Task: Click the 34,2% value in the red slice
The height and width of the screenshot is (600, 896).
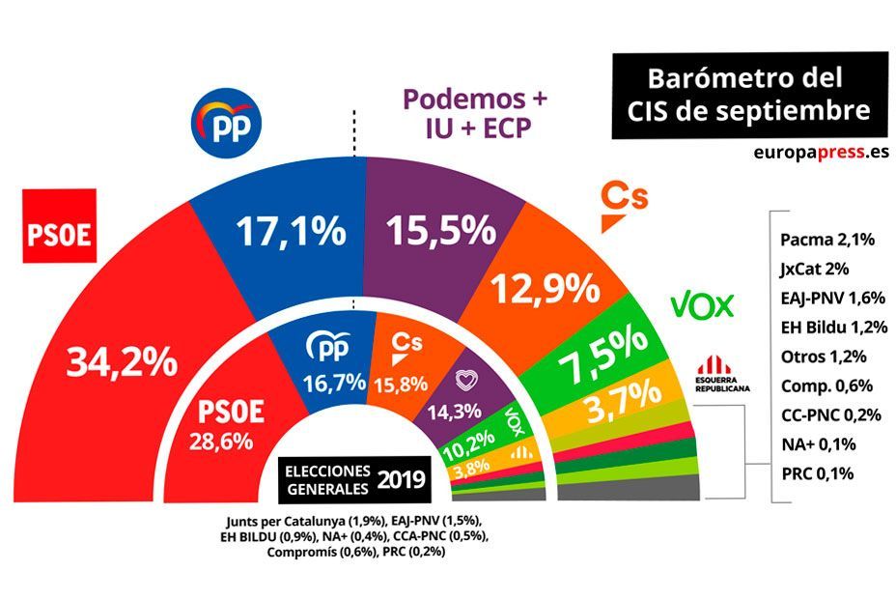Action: [122, 362]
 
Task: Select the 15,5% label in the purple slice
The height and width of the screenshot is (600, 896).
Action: [441, 230]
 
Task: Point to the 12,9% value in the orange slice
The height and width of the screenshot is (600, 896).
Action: [541, 287]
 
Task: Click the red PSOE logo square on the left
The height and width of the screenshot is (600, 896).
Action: [60, 226]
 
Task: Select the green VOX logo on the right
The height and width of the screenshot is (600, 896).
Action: [702, 305]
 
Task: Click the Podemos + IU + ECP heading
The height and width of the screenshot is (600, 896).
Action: [474, 114]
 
